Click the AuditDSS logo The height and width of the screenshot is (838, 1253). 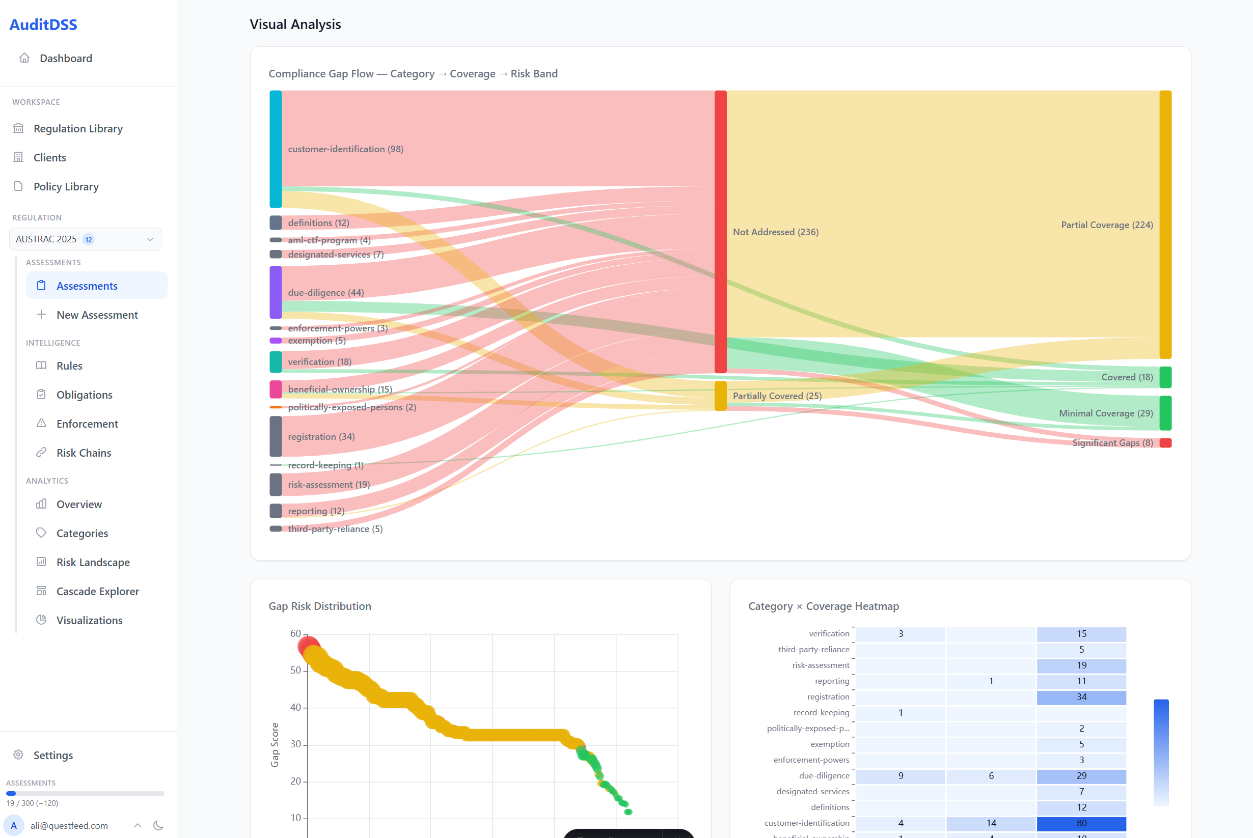[43, 24]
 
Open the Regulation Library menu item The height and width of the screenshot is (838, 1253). [78, 128]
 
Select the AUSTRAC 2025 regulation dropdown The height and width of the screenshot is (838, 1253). [85, 239]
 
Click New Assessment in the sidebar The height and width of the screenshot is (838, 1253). [97, 315]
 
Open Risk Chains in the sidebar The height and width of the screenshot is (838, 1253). [84, 453]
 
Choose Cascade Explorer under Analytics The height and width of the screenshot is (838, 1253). [97, 591]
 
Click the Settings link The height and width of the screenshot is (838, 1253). [53, 755]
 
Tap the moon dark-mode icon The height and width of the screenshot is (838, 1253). [158, 825]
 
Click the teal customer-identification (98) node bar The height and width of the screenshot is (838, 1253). [275, 149]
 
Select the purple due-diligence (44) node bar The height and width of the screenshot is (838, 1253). [275, 292]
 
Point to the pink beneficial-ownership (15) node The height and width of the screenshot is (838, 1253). [275, 389]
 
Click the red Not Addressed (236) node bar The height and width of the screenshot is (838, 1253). [721, 232]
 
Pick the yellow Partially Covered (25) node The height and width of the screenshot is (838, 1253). [721, 396]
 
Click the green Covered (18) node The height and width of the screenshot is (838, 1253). [1165, 377]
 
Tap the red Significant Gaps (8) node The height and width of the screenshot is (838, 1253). [1165, 442]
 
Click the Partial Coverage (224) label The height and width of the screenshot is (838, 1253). [1106, 225]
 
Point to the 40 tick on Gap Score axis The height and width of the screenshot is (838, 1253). [295, 707]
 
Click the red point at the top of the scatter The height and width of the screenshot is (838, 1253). [307, 645]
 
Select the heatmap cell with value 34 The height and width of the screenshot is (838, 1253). [1081, 696]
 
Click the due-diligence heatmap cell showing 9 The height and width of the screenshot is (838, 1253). [900, 775]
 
